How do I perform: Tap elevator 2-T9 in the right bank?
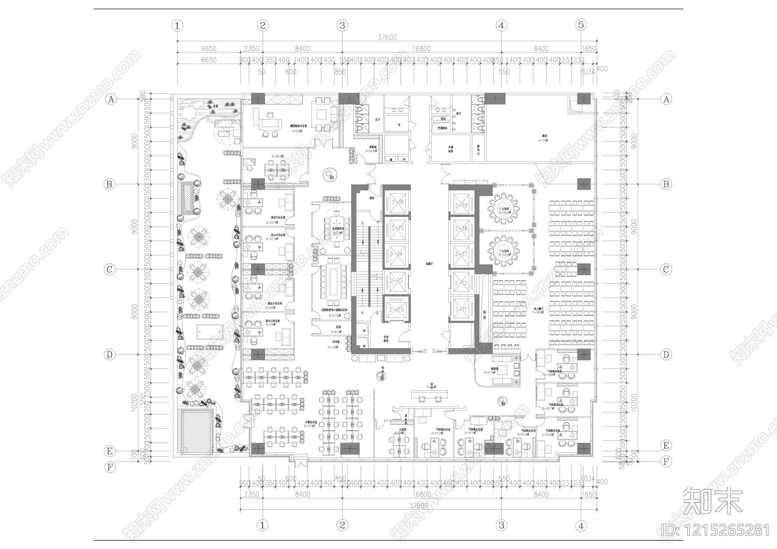click(461, 205)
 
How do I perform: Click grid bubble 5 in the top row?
click(581, 25)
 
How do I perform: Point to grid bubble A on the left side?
click(111, 99)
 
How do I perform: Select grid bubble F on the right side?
click(666, 462)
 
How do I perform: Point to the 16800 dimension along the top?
click(422, 49)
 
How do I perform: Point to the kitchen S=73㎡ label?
click(542, 140)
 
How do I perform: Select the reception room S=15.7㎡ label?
click(490, 372)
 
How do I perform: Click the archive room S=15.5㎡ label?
click(372, 151)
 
